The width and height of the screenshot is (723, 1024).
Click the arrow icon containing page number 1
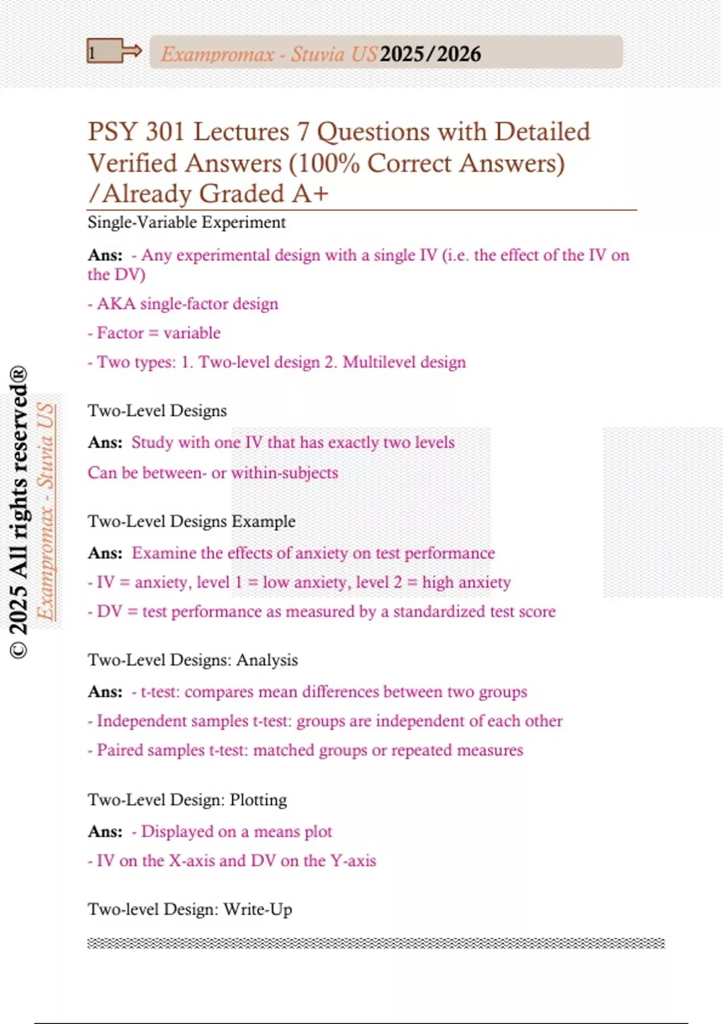click(113, 52)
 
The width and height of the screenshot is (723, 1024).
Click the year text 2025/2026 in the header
click(430, 54)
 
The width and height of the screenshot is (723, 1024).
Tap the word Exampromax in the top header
click(218, 54)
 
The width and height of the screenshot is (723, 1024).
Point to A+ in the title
click(310, 194)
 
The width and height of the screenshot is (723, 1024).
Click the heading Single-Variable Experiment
click(186, 222)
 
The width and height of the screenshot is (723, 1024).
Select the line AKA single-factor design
click(183, 304)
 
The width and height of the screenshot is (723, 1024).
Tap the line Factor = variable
click(154, 333)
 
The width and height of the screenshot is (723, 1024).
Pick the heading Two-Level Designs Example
click(192, 521)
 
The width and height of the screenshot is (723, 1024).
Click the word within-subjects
click(284, 473)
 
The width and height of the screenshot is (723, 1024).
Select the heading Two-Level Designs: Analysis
click(193, 660)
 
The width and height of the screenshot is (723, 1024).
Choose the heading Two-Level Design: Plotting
click(187, 800)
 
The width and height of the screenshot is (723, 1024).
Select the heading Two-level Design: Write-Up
click(190, 909)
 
